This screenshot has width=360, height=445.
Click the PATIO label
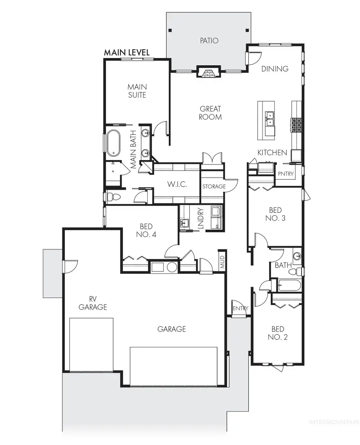pyautogui.click(x=210, y=40)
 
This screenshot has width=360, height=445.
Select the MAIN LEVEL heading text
pyautogui.click(x=127, y=52)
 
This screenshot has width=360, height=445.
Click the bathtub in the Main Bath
pyautogui.click(x=113, y=143)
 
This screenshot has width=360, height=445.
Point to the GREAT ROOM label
pyautogui.click(x=210, y=113)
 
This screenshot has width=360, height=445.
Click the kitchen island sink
pyautogui.click(x=270, y=118)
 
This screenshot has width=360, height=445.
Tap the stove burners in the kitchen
pyautogui.click(x=296, y=125)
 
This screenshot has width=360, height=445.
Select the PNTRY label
pyautogui.click(x=286, y=174)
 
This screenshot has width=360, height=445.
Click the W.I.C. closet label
pyautogui.click(x=177, y=185)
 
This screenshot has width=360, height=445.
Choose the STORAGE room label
pyautogui.click(x=214, y=186)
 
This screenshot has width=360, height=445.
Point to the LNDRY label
pyautogui.click(x=201, y=218)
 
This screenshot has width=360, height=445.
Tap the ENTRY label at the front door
pyautogui.click(x=240, y=309)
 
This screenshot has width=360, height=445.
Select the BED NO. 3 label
pyautogui.click(x=275, y=214)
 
